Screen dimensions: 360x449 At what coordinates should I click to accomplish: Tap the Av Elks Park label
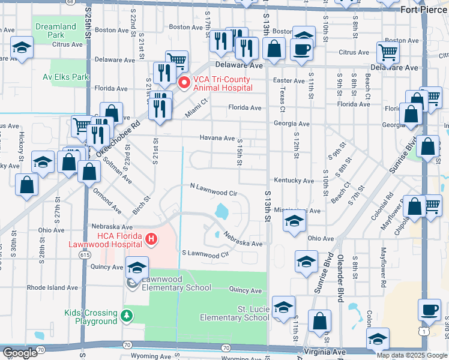coord(66,77)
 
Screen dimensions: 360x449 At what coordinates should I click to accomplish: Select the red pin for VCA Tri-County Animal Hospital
coord(184,82)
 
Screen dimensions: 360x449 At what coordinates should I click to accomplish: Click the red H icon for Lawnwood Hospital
coord(151,239)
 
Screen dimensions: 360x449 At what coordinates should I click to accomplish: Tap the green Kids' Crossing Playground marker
coord(126,316)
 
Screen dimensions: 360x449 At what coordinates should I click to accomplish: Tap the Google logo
coord(19,353)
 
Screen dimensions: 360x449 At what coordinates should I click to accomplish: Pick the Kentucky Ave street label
coord(294,180)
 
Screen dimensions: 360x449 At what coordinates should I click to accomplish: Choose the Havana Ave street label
coord(217,138)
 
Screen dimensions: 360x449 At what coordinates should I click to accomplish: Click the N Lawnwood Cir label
coord(214,193)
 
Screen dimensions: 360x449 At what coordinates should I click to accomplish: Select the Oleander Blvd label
coord(341,278)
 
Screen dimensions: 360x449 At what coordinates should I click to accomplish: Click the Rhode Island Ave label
coord(52,287)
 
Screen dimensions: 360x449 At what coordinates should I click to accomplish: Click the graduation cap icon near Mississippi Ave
coord(294,222)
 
